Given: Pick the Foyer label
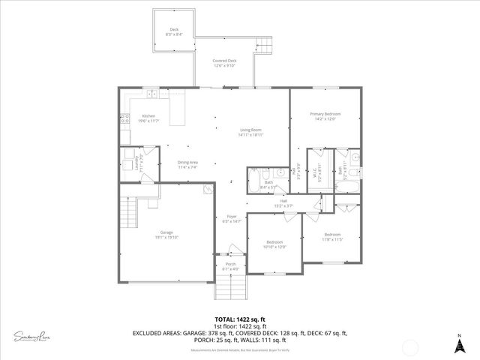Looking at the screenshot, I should (230, 218).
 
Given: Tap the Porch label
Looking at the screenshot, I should (230, 266).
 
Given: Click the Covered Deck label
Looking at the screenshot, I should (224, 63).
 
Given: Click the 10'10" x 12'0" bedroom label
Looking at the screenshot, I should (274, 244).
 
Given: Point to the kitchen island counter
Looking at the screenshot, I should (178, 109).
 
